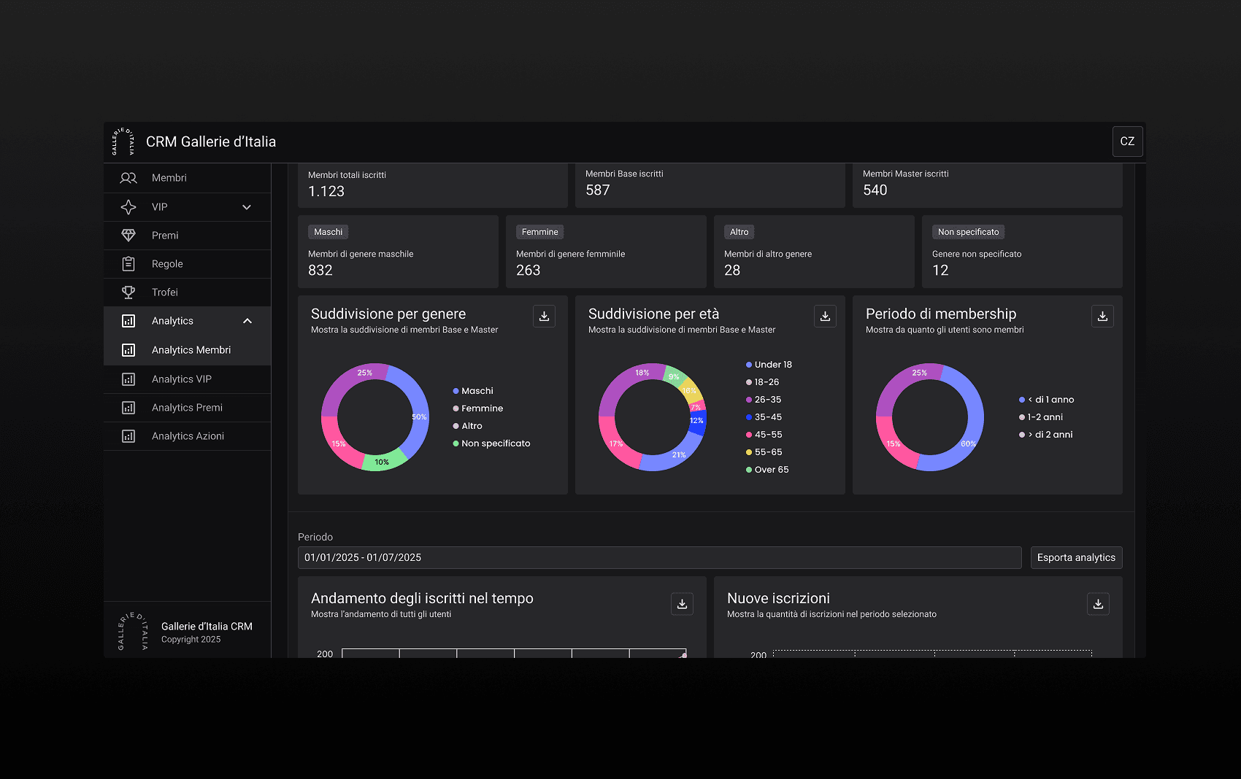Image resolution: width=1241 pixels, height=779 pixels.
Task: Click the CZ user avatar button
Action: (1127, 142)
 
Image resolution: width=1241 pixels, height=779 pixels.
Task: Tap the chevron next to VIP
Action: (247, 207)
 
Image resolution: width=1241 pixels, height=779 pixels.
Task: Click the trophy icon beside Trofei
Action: (128, 292)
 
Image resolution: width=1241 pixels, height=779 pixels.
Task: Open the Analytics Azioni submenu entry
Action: (188, 435)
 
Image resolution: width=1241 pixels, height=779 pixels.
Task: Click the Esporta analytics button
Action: (1076, 557)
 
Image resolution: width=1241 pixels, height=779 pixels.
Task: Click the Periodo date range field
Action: (659, 557)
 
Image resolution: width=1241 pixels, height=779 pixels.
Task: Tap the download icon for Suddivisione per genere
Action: (544, 316)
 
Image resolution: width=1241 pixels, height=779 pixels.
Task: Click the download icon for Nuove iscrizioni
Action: (1098, 604)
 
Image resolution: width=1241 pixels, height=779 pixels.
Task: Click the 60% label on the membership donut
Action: (968, 443)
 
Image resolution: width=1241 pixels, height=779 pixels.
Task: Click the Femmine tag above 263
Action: (539, 232)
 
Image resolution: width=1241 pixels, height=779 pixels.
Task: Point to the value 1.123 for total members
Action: (326, 192)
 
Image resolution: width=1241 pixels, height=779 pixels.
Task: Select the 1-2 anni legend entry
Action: (1041, 417)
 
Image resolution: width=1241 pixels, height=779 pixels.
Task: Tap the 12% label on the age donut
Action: (696, 421)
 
